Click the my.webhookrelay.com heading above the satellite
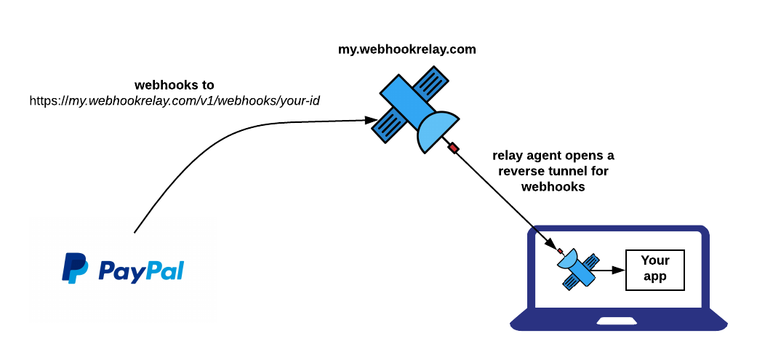407,49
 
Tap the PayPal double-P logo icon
75,268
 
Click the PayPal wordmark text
140,271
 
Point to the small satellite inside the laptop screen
580,268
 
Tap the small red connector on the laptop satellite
560,251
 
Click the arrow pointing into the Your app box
617,270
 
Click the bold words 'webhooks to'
175,85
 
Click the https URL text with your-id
175,100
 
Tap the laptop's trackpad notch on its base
618,321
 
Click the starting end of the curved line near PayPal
135,232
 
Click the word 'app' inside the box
654,276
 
